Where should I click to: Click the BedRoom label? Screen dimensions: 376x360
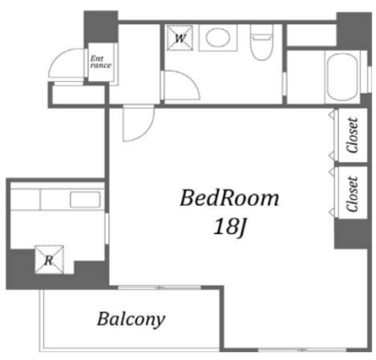coord(229,198)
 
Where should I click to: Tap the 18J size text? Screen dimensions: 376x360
coord(230,227)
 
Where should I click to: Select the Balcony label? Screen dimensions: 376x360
coord(131,319)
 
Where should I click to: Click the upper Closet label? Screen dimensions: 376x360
coord(352,135)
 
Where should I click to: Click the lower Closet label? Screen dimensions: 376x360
coord(352,194)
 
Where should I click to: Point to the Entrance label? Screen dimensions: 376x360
coord(101,62)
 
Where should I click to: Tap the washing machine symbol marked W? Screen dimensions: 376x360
coord(180,38)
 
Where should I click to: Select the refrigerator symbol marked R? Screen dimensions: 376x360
coord(49,260)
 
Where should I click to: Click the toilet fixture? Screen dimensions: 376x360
coord(261,43)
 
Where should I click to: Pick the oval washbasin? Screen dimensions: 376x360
coord(218,37)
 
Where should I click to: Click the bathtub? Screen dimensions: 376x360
coord(342,77)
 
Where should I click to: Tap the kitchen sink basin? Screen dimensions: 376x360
coord(85,200)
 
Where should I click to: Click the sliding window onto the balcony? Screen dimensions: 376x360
coord(160,287)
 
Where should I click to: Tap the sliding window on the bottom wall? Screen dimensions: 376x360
coord(302,350)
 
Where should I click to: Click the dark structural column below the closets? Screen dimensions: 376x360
coord(351,233)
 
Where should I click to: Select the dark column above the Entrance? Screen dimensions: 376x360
coord(101,26)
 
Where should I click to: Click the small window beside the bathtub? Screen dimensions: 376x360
coord(370,79)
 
